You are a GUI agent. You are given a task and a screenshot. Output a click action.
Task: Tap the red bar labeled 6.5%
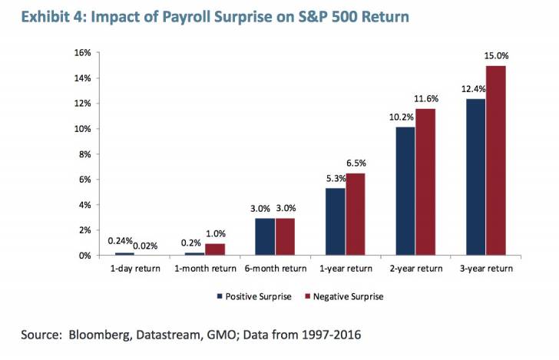355,214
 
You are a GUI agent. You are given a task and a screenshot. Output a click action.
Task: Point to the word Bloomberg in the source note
104,335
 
